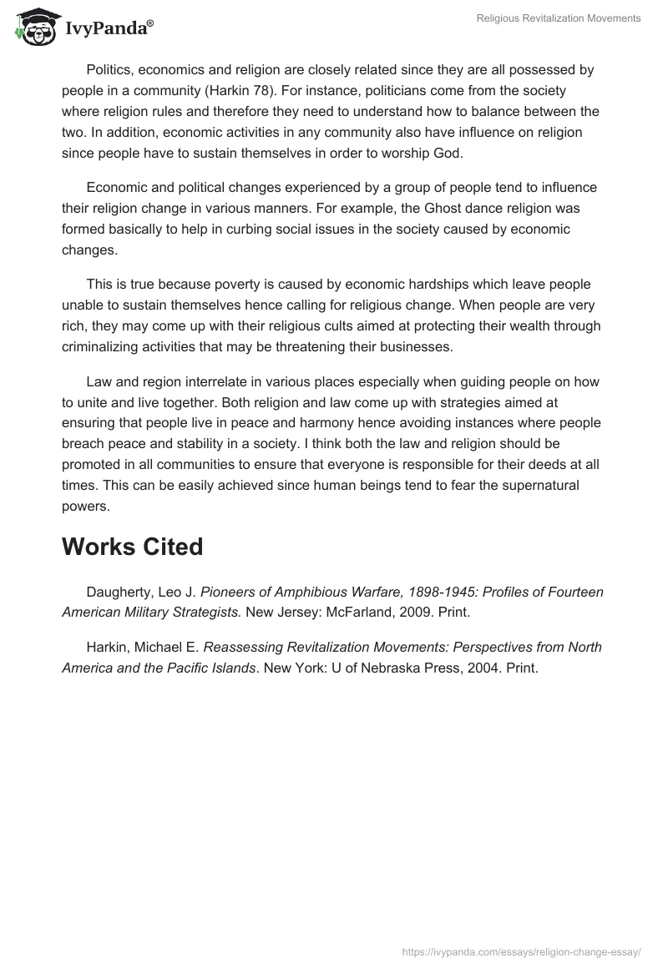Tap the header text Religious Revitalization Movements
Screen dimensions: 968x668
coord(557,18)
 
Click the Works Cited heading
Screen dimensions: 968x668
coord(133,547)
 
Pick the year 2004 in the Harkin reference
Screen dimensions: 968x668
coord(467,667)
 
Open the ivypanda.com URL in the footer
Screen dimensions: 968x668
coord(521,950)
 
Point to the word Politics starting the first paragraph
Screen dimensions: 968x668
coord(110,71)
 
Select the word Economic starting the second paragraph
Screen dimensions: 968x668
coord(118,188)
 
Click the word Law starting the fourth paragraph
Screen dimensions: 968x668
coord(99,381)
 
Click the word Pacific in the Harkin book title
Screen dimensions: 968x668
coord(184,667)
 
